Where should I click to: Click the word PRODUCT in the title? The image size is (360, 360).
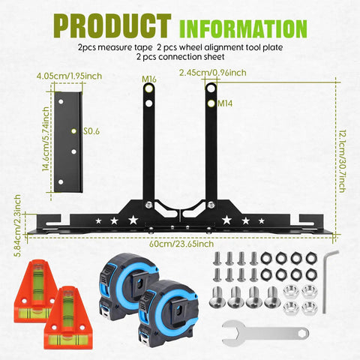[112, 26]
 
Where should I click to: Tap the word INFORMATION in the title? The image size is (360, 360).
[243, 28]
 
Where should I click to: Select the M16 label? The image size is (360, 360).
[149, 79]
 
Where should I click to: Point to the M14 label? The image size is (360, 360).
[225, 103]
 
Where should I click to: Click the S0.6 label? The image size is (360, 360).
[91, 131]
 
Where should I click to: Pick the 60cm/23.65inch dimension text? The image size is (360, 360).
[181, 244]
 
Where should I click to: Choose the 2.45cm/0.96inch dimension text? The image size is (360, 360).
[213, 73]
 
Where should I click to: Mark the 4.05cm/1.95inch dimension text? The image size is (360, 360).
[69, 76]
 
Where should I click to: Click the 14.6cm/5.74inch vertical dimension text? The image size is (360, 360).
[46, 139]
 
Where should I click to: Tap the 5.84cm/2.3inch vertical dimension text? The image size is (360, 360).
[17, 226]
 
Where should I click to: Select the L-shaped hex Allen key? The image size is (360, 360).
[328, 281]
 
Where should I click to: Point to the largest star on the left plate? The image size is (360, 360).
[133, 220]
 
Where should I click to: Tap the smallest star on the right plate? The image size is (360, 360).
[262, 220]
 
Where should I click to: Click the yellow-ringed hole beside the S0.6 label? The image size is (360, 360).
[73, 131]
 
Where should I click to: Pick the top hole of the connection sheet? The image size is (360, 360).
[61, 102]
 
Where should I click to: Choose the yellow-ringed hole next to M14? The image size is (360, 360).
[211, 103]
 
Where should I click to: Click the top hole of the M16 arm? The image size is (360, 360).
[149, 88]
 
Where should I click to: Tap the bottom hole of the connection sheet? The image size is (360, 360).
[61, 181]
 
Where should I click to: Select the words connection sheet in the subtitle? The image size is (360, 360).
[191, 57]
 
